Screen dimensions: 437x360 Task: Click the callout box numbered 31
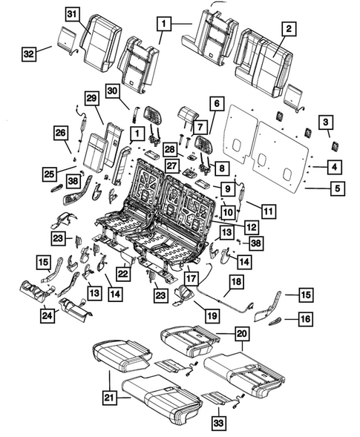71,14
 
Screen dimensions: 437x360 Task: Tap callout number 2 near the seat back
288,30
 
